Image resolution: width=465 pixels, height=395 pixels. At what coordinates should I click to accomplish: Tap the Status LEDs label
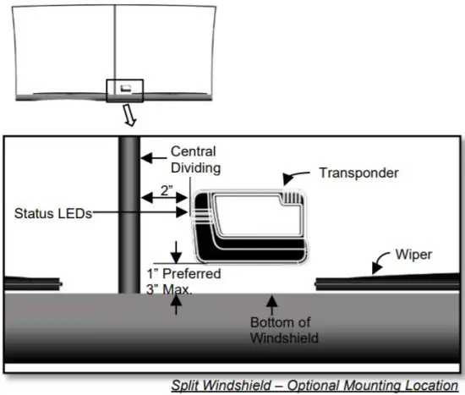pyautogui.click(x=48, y=213)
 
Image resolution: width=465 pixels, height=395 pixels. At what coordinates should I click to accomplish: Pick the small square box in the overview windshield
pyautogui.click(x=125, y=89)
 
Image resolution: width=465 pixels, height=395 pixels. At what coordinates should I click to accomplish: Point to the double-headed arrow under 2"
pyautogui.click(x=158, y=196)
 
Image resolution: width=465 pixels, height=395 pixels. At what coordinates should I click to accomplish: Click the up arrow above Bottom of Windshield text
pyautogui.click(x=271, y=303)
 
